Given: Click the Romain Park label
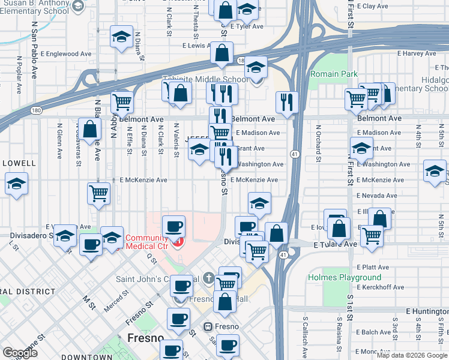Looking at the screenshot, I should click(333, 74).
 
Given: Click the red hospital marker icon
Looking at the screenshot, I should click(178, 243).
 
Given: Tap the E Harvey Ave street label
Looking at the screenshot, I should click(419, 53).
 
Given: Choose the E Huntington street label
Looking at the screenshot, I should click(427, 311).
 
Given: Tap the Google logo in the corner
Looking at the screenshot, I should click(20, 353).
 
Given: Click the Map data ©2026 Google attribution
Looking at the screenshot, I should click(412, 355).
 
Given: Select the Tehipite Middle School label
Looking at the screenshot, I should click(205, 79).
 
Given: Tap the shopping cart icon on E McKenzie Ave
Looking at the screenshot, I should click(98, 193).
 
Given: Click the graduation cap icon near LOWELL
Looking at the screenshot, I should click(16, 183).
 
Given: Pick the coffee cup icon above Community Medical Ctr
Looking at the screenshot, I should click(174, 226).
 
